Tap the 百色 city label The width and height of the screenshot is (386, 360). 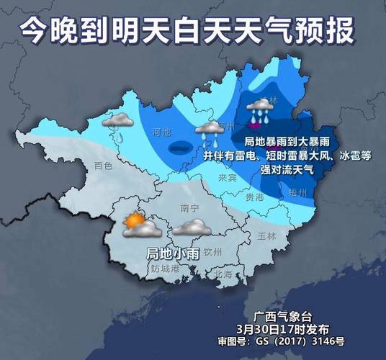[x=104, y=166]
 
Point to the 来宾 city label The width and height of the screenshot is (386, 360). [x=228, y=177]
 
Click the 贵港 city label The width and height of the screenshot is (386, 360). [x=254, y=196]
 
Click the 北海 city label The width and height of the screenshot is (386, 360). [x=224, y=274]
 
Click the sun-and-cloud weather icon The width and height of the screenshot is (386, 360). [x=139, y=227]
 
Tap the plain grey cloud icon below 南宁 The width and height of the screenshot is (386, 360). [x=191, y=229]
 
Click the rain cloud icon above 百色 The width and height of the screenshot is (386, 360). [x=118, y=125]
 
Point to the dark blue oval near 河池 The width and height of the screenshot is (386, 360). [x=179, y=148]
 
